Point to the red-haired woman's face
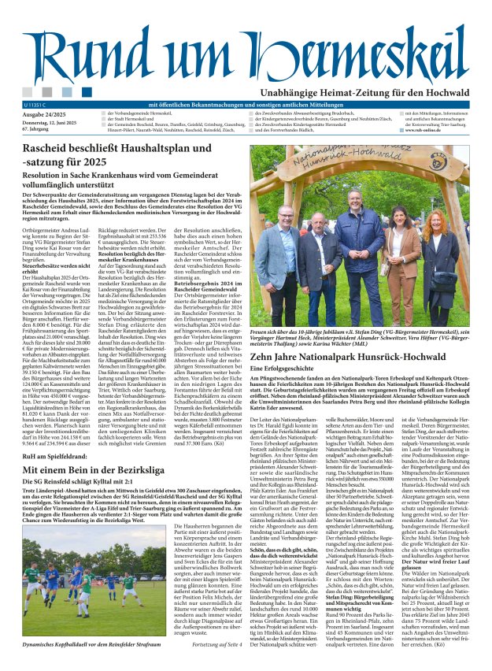(436, 221)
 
